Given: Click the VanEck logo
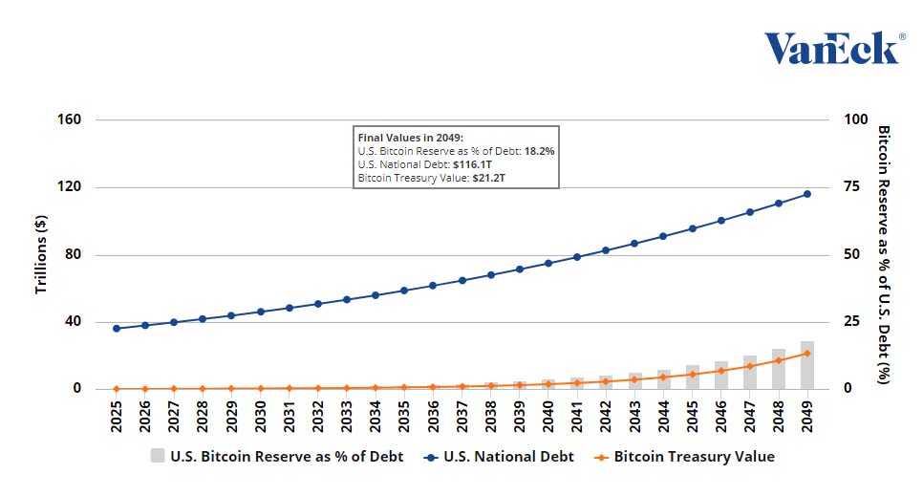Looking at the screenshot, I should click(832, 47).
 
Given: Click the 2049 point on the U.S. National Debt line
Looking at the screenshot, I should click(807, 194).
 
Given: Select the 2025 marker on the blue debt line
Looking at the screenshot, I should click(117, 329).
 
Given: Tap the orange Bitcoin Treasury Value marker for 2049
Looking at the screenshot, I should click(807, 354).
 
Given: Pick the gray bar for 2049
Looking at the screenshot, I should click(807, 366).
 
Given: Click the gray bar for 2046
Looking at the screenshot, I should click(721, 376).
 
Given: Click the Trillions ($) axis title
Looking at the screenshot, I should click(41, 253).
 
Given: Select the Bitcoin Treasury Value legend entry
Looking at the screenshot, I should click(684, 457).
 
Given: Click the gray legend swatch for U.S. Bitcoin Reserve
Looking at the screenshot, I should click(158, 457).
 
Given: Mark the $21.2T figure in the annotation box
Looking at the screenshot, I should click(489, 178).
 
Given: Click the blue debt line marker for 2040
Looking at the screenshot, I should click(548, 264).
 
